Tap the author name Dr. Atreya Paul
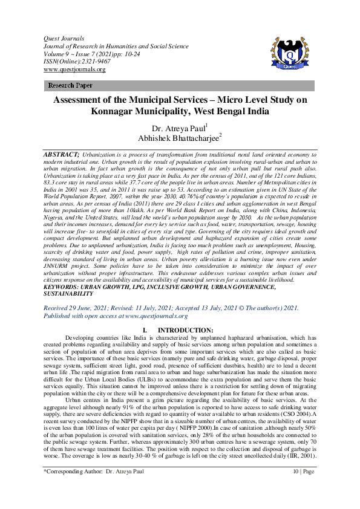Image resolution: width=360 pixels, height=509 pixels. point(179,128)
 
